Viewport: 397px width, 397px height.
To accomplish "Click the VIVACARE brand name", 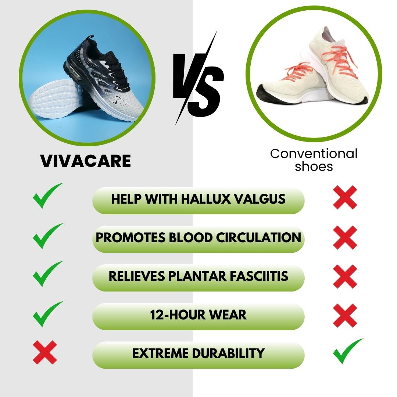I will click(x=86, y=161).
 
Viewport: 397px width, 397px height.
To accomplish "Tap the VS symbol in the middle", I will click(x=198, y=79).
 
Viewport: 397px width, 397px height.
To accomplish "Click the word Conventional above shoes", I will click(x=314, y=153).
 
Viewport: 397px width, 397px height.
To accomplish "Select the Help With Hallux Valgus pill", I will click(x=198, y=199).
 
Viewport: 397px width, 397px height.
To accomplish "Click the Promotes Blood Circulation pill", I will click(x=198, y=237).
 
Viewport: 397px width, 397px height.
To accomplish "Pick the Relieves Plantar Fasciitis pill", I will click(x=198, y=276).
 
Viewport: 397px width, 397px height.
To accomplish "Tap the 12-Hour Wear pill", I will click(x=198, y=315).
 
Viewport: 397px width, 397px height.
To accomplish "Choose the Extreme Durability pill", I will click(x=198, y=353).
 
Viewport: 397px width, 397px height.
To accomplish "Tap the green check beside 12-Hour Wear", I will click(x=47, y=314).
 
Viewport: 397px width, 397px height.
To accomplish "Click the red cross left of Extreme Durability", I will click(x=45, y=353).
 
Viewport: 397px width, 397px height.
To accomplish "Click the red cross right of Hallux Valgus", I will click(x=345, y=197).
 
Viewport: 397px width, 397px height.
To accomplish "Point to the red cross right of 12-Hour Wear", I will click(x=345, y=315).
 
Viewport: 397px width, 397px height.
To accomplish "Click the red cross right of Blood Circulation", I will click(x=345, y=237).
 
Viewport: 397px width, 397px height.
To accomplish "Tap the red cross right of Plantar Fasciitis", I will click(x=345, y=276).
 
